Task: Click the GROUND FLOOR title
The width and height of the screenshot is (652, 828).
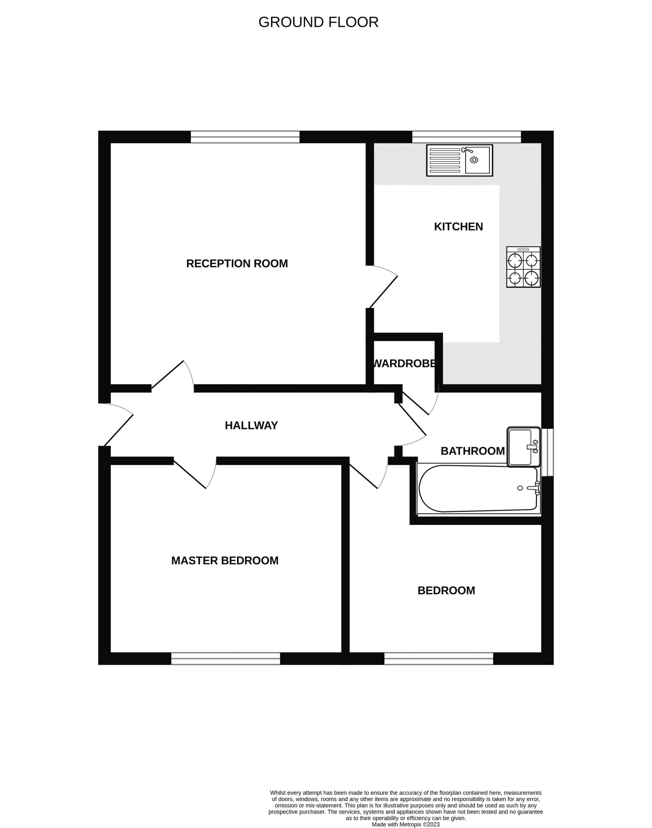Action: [x=318, y=22]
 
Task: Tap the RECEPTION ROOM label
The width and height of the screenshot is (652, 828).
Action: [x=237, y=263]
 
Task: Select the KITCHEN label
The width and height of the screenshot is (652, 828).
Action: [x=459, y=227]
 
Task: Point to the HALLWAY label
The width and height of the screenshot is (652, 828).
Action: [x=251, y=425]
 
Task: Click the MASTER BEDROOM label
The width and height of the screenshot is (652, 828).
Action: [x=225, y=561]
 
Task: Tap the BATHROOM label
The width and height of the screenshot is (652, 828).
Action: [x=473, y=451]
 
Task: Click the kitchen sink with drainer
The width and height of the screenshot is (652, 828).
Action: [x=460, y=160]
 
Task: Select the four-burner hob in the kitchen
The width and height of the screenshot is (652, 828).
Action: [x=523, y=267]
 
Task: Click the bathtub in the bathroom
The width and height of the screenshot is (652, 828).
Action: [x=479, y=489]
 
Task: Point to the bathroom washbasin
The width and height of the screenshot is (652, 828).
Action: [x=523, y=447]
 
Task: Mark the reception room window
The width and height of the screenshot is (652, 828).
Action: [x=245, y=137]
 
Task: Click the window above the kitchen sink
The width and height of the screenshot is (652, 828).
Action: [x=466, y=137]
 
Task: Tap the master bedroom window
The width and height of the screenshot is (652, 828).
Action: [x=226, y=659]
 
